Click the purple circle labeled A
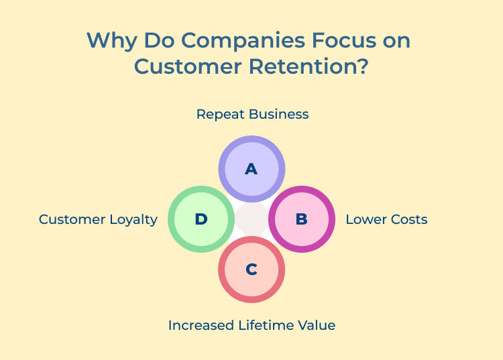251,169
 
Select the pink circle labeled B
302,219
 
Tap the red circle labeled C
251,269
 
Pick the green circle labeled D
201,219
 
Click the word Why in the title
110,40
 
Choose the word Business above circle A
278,114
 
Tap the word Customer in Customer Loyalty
70,219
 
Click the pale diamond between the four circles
251,219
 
